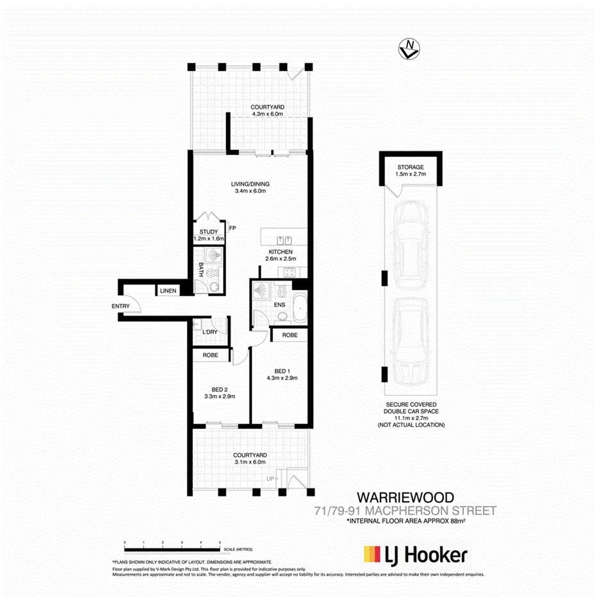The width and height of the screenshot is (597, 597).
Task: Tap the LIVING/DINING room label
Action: [249, 184]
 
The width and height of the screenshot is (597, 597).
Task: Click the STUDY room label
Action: [208, 232]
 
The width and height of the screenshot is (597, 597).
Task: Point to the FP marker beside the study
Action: [233, 227]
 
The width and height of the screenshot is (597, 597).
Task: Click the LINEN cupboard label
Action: [168, 291]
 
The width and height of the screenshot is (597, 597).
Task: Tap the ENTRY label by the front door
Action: [120, 306]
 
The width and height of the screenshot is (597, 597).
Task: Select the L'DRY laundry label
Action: [209, 332]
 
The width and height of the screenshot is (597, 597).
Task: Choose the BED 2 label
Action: [220, 389]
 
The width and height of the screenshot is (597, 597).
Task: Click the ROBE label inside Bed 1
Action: [290, 335]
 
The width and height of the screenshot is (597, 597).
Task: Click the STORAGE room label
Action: [409, 167]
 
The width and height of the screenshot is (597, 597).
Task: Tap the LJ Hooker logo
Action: [414, 555]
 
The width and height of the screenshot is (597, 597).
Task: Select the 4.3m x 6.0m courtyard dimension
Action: [267, 115]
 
